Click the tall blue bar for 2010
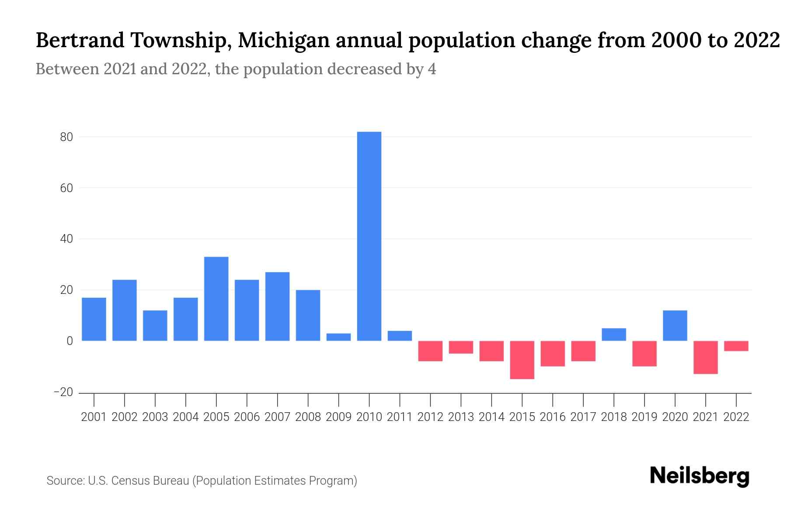coord(369,236)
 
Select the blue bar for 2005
coord(216,299)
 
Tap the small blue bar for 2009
coord(338,337)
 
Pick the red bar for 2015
coord(522,360)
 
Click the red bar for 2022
coord(736,346)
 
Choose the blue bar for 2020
coord(675,325)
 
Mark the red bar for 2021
coord(706,357)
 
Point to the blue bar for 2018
coord(614,334)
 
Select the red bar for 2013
coord(461,347)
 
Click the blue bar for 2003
coord(155,325)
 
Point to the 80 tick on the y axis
coord(66,137)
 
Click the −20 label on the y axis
coord(63,392)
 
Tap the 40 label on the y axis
coord(66,239)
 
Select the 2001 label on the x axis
coord(94,417)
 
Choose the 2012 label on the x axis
coord(430,417)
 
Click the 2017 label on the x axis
coord(583,417)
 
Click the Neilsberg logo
coord(700,476)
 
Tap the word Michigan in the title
coord(284,41)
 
